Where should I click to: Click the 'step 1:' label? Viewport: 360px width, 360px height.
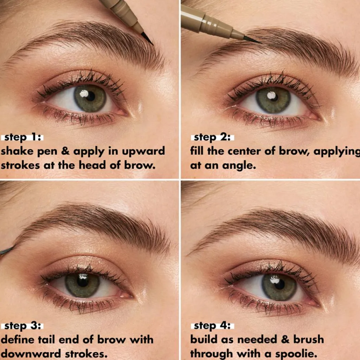(x=22, y=137)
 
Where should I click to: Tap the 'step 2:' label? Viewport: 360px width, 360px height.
(x=212, y=137)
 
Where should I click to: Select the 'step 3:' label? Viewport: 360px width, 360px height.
(x=22, y=326)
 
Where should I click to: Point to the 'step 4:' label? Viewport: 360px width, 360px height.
(x=212, y=326)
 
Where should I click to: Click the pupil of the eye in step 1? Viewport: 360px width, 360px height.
(x=90, y=96)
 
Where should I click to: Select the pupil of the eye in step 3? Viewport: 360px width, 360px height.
(x=82, y=282)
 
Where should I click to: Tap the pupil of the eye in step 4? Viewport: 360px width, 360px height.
(x=279, y=285)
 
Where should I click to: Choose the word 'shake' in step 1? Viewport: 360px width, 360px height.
(x=18, y=151)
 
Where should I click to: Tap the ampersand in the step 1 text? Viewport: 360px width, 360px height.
(x=66, y=152)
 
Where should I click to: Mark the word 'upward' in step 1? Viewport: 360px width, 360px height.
(x=143, y=152)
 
